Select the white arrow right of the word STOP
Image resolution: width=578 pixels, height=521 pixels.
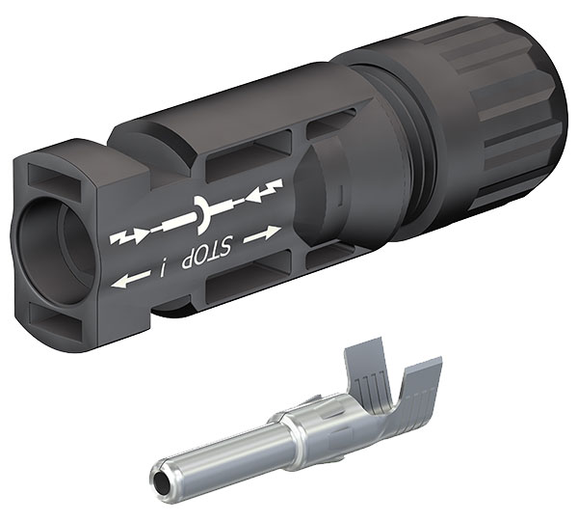262,234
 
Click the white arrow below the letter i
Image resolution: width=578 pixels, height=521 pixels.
130,279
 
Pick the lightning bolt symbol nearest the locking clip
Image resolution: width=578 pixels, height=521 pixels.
265,192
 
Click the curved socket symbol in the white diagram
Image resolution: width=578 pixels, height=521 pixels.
201,215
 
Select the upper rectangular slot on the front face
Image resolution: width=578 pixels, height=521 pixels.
54,180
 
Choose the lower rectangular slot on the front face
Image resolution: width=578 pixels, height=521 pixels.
56,316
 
